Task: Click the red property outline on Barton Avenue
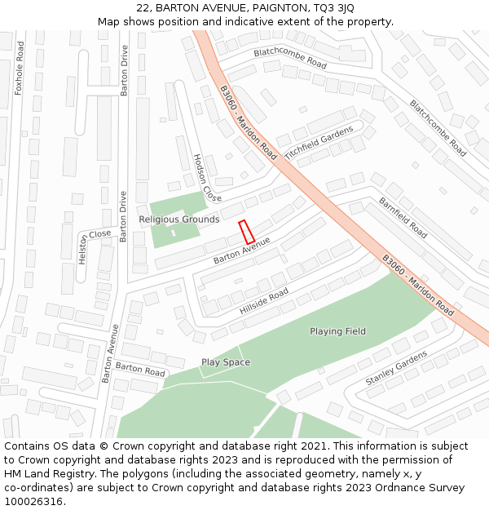pyautogui.click(x=246, y=231)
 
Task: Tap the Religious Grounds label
pyautogui.click(x=178, y=220)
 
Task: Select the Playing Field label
pyautogui.click(x=337, y=331)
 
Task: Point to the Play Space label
pyautogui.click(x=226, y=362)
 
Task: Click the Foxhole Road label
pyautogui.click(x=20, y=69)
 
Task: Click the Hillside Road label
pyautogui.click(x=264, y=302)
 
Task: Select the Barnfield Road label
pyautogui.click(x=403, y=218)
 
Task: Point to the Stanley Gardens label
pyautogui.click(x=396, y=368)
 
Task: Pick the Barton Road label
pyautogui.click(x=140, y=368)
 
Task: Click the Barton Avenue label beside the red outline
pyautogui.click(x=241, y=251)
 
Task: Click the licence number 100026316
pyautogui.click(x=34, y=502)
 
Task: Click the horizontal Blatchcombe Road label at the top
pyautogui.click(x=290, y=58)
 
